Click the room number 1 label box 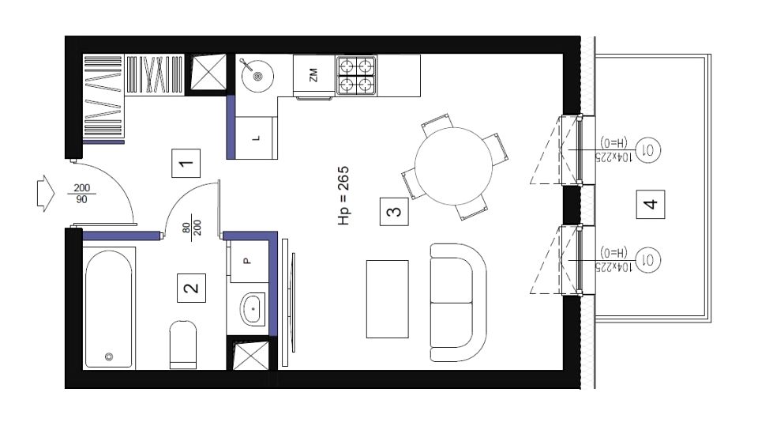186,164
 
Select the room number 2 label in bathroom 191,288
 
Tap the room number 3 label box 394,211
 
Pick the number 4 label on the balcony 650,204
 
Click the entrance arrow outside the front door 46,194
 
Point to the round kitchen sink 257,76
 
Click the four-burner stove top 356,75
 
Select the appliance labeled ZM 313,75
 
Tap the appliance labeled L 255,138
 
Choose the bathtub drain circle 109,357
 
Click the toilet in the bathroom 183,345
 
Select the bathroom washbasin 253,308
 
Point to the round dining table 453,166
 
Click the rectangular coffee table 387,299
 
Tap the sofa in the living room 458,302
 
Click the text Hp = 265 343,196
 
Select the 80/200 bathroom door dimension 192,228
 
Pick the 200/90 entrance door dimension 81,194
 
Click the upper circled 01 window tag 647,150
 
